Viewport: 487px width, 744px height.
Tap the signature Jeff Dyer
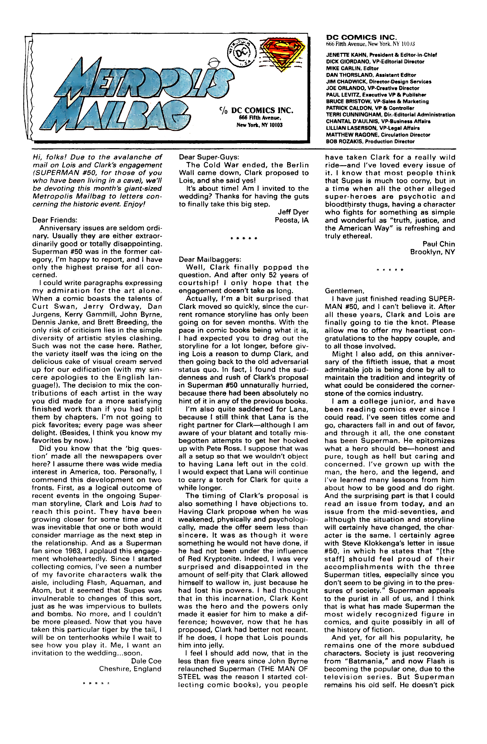click(293, 212)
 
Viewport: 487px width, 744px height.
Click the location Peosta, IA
click(291, 220)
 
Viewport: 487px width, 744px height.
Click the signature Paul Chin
click(439, 244)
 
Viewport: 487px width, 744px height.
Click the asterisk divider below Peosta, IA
click(244, 239)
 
